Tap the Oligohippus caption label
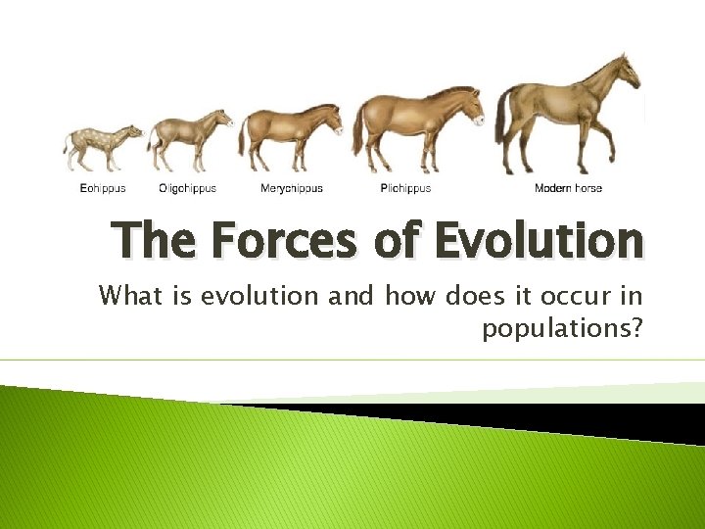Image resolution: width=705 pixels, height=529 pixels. [187, 188]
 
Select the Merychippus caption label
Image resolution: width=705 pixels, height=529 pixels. [291, 188]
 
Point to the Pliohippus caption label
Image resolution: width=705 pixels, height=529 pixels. [405, 188]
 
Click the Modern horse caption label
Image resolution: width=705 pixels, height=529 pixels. [568, 188]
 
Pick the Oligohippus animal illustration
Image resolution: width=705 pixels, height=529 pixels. [188, 138]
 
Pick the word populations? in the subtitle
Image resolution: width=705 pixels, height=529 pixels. [561, 329]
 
